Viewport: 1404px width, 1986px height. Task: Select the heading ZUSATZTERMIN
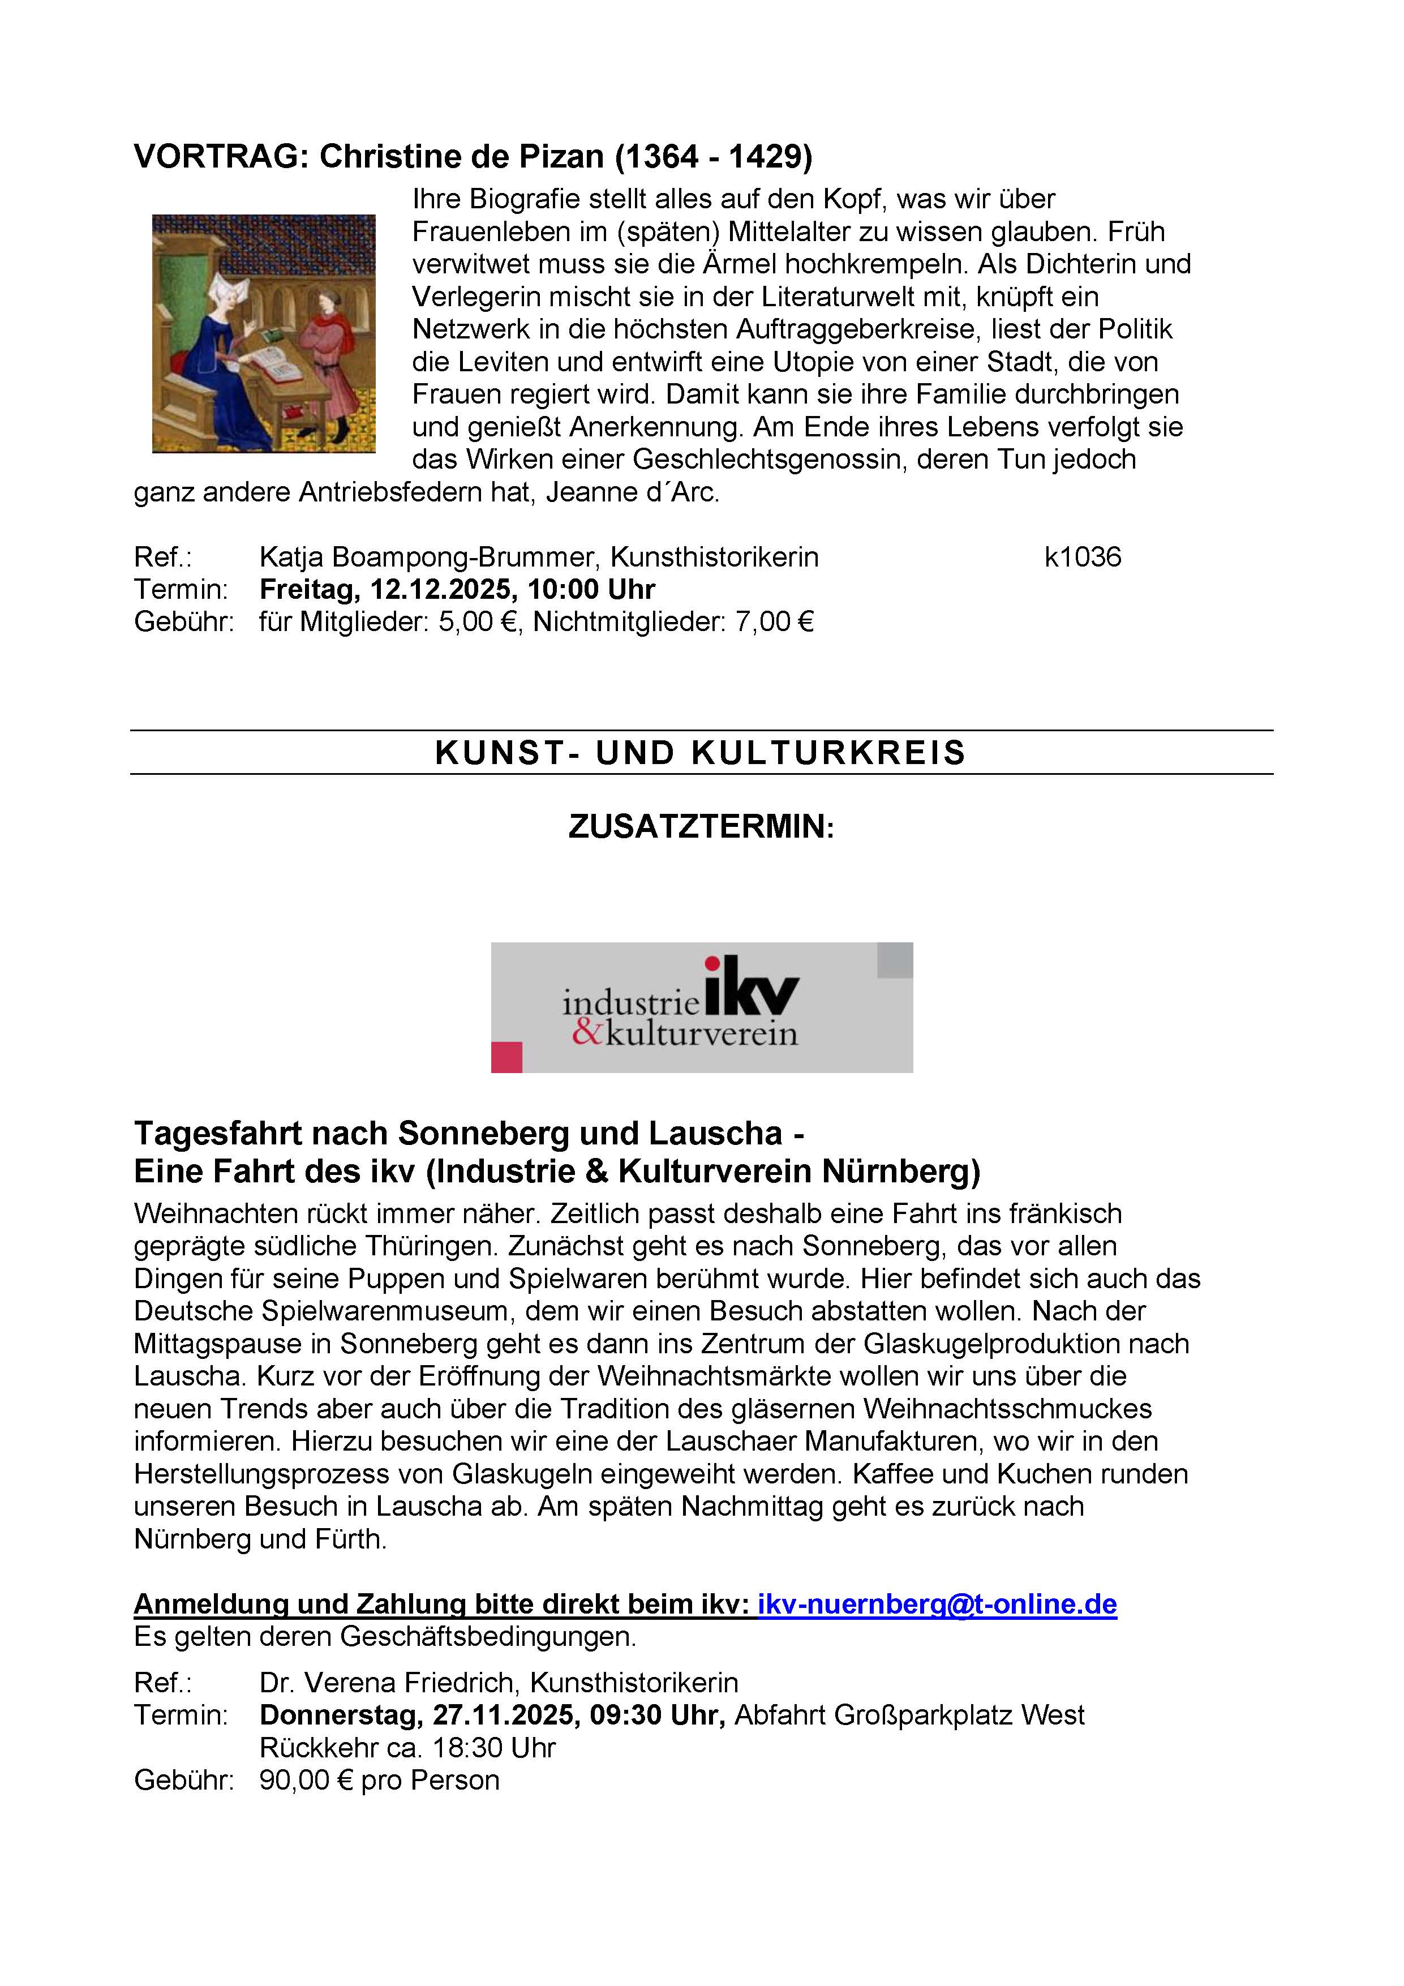point(701,827)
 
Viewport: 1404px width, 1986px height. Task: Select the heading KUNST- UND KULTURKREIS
point(701,753)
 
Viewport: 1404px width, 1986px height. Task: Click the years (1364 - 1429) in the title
point(714,157)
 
